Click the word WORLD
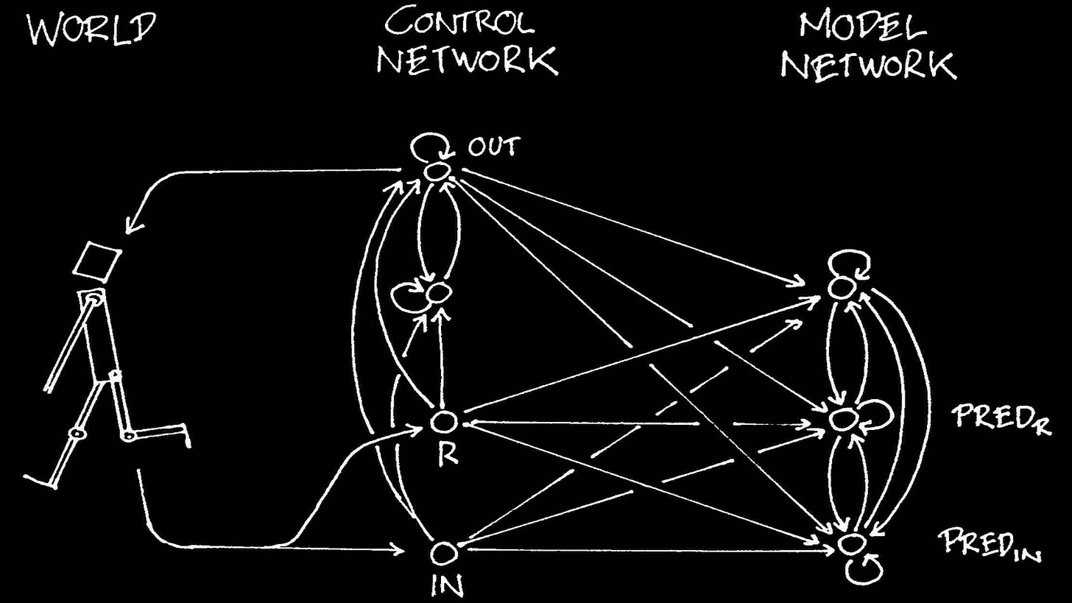click(92, 29)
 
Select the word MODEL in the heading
click(862, 26)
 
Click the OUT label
click(494, 147)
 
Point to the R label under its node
click(447, 454)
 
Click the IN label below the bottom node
click(447, 585)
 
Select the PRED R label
click(1001, 417)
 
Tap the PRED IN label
click(990, 546)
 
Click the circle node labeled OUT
click(437, 172)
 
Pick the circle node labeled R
click(443, 422)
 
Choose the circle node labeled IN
click(443, 552)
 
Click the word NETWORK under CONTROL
click(467, 60)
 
